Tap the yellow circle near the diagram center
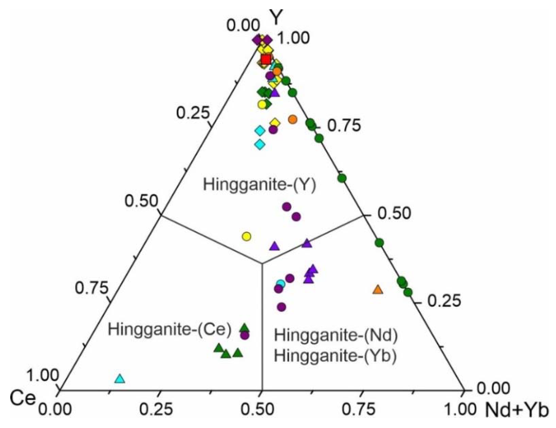(x=246, y=236)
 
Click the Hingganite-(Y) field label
(x=259, y=184)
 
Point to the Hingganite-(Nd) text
(x=336, y=335)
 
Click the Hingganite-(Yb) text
(x=335, y=356)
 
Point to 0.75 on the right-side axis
(x=344, y=126)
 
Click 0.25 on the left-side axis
(x=193, y=113)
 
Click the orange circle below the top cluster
(x=293, y=119)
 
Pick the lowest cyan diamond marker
(x=260, y=144)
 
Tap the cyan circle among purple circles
(x=281, y=283)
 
